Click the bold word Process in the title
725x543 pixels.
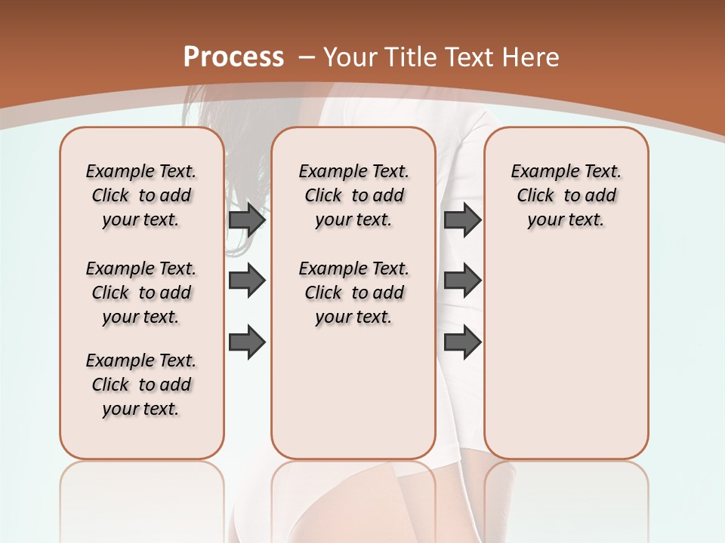pyautogui.click(x=233, y=57)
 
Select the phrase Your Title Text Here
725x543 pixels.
pyautogui.click(x=441, y=57)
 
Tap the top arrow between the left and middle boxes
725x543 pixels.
pyautogui.click(x=247, y=219)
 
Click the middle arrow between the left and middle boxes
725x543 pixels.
pyautogui.click(x=247, y=281)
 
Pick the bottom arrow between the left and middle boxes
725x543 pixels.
pyautogui.click(x=247, y=342)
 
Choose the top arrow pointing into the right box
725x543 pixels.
pyautogui.click(x=462, y=219)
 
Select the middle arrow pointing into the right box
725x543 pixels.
pyautogui.click(x=462, y=281)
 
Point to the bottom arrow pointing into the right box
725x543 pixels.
pyautogui.click(x=462, y=342)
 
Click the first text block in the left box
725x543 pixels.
pyautogui.click(x=141, y=195)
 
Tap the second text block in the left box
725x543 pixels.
pyautogui.click(x=141, y=293)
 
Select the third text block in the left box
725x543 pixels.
pyautogui.click(x=141, y=385)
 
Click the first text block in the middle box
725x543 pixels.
pyautogui.click(x=353, y=195)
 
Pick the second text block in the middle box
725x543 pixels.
pyautogui.click(x=353, y=293)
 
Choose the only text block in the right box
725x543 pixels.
pyautogui.click(x=566, y=195)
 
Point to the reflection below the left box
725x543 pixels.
pyautogui.click(x=141, y=498)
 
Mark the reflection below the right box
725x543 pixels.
pyautogui.click(x=566, y=498)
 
